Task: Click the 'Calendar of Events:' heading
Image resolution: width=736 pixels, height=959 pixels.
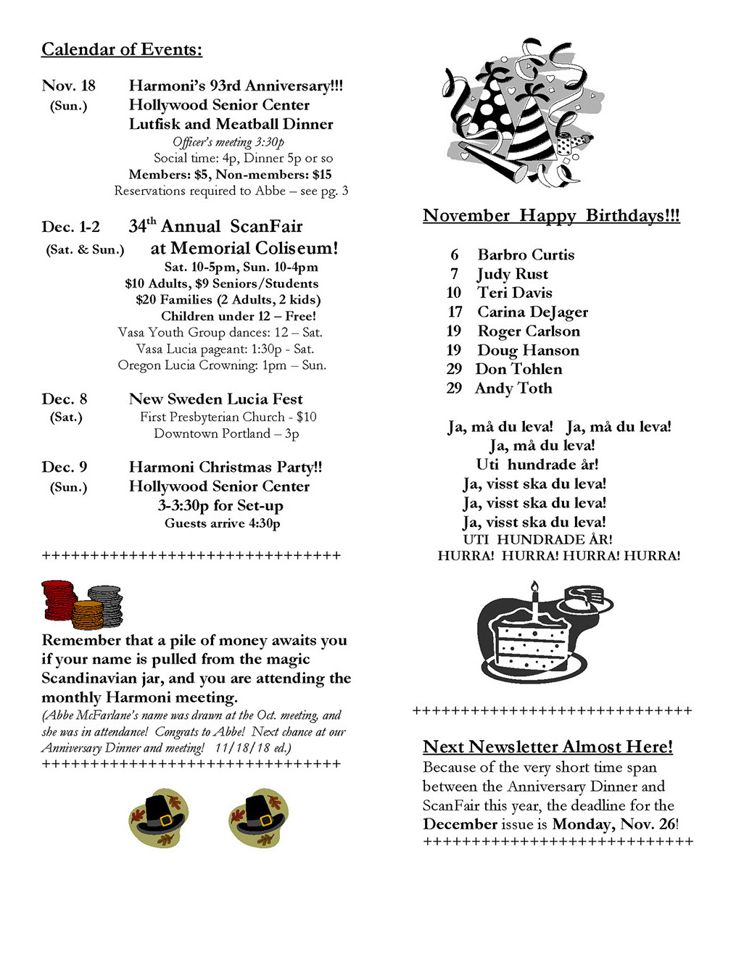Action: click(122, 49)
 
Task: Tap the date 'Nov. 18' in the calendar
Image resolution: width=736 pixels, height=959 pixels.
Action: click(69, 86)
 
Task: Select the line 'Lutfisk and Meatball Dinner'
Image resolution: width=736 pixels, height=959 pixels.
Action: click(231, 124)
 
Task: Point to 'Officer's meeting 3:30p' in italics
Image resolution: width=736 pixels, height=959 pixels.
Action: click(228, 142)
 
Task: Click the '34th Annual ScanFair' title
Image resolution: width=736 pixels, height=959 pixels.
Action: click(215, 226)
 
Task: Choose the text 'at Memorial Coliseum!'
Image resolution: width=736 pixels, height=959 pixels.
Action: click(244, 248)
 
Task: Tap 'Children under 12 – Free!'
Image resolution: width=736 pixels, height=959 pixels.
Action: click(238, 316)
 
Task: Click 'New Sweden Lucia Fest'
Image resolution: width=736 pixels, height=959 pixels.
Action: click(215, 399)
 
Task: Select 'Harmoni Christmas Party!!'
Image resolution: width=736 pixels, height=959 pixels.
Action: click(226, 467)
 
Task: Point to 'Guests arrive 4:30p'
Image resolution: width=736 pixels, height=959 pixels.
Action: click(222, 523)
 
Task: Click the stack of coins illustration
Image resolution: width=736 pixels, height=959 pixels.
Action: click(82, 604)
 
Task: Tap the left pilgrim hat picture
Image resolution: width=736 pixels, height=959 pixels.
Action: click(159, 818)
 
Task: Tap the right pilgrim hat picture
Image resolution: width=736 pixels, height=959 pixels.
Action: click(258, 818)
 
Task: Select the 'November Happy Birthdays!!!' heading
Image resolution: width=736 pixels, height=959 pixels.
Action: click(551, 215)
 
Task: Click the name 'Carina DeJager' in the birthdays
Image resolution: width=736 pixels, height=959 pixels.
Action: click(532, 312)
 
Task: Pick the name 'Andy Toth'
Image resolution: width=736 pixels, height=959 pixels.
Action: click(513, 389)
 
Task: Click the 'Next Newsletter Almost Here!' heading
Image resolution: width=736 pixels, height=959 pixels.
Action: click(547, 747)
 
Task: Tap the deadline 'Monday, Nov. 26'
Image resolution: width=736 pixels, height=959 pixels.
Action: click(613, 824)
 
